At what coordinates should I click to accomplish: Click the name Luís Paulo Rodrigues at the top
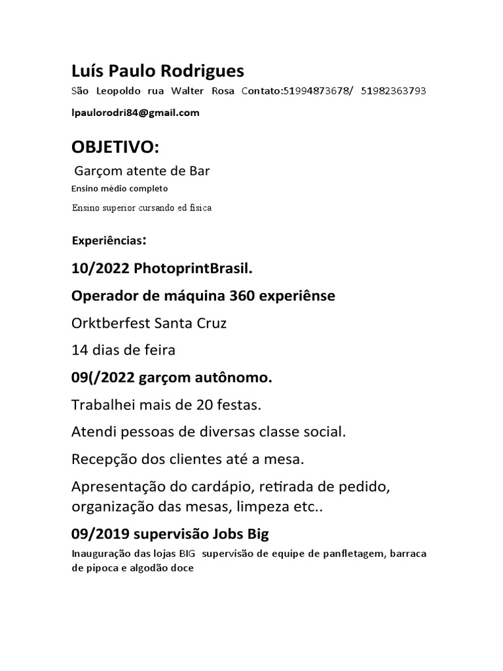pos(157,71)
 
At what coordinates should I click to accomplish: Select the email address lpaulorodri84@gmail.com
pos(135,113)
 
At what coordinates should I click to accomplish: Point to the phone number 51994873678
pos(315,91)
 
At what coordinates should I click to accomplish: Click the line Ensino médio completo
pos(120,189)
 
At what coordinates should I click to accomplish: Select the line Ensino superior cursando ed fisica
pos(141,208)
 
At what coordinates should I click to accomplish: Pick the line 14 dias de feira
pos(123,350)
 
